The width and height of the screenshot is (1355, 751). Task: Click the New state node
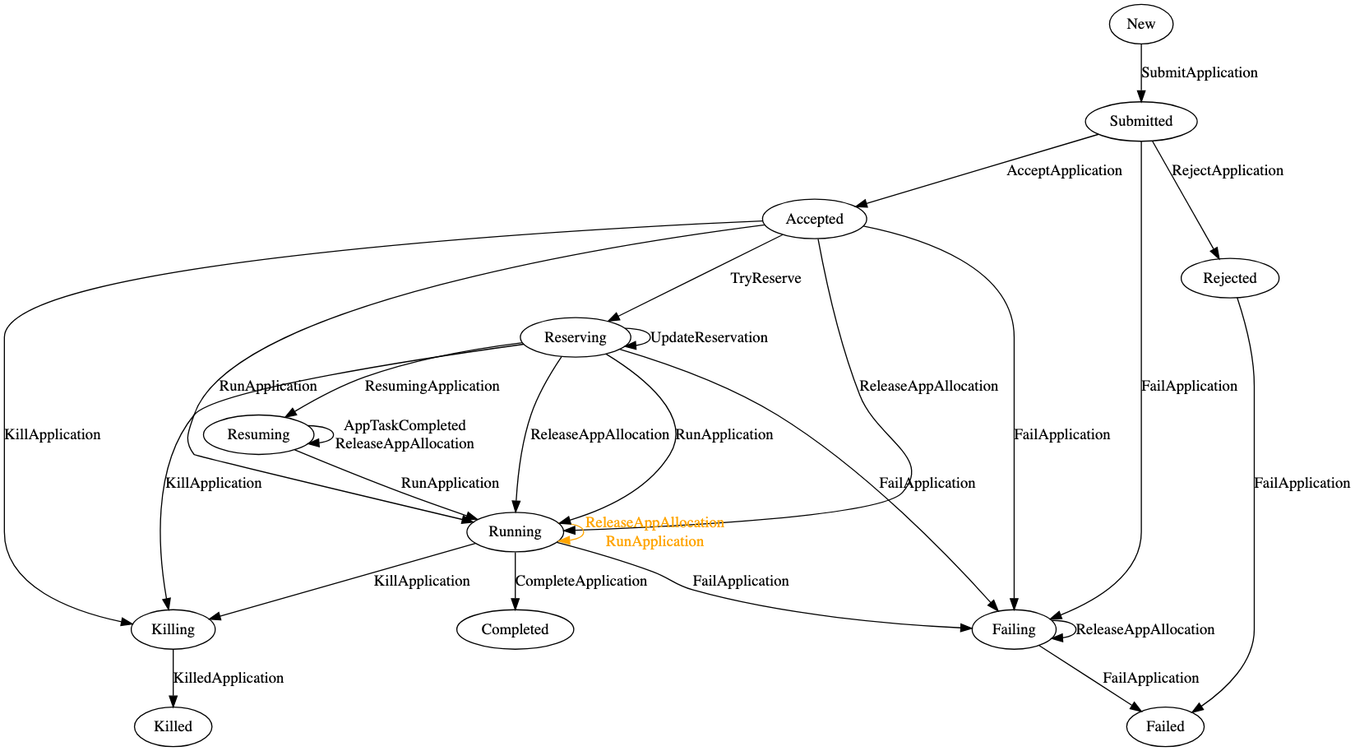pyautogui.click(x=1140, y=24)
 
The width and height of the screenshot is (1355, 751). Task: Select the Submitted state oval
pyautogui.click(x=1140, y=121)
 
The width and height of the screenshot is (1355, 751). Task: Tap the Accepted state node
pyautogui.click(x=814, y=219)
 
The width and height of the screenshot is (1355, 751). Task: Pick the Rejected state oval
pyautogui.click(x=1229, y=278)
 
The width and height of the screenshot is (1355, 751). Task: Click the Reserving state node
pyautogui.click(x=575, y=337)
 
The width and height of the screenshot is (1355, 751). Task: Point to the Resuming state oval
pyautogui.click(x=258, y=434)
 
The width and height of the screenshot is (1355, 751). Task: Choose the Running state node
pyautogui.click(x=515, y=531)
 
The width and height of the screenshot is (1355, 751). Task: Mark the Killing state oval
pyautogui.click(x=173, y=629)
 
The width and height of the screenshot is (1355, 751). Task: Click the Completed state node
pyautogui.click(x=515, y=629)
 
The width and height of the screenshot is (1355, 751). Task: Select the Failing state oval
pyautogui.click(x=1013, y=629)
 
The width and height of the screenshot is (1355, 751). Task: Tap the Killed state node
pyautogui.click(x=173, y=726)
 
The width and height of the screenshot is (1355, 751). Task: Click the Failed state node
pyautogui.click(x=1165, y=726)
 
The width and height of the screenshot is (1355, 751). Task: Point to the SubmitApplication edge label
pyautogui.click(x=1199, y=72)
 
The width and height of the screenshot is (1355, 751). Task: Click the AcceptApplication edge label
pyautogui.click(x=1064, y=170)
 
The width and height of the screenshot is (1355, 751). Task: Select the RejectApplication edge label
pyautogui.click(x=1227, y=170)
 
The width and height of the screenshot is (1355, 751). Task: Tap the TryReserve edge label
pyautogui.click(x=765, y=278)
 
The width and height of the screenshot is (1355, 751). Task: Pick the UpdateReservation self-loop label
pyautogui.click(x=709, y=337)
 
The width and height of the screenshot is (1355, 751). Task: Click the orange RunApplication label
pyautogui.click(x=654, y=541)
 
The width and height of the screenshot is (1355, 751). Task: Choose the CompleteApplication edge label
pyautogui.click(x=580, y=581)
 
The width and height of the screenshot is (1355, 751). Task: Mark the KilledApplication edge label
pyautogui.click(x=228, y=678)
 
